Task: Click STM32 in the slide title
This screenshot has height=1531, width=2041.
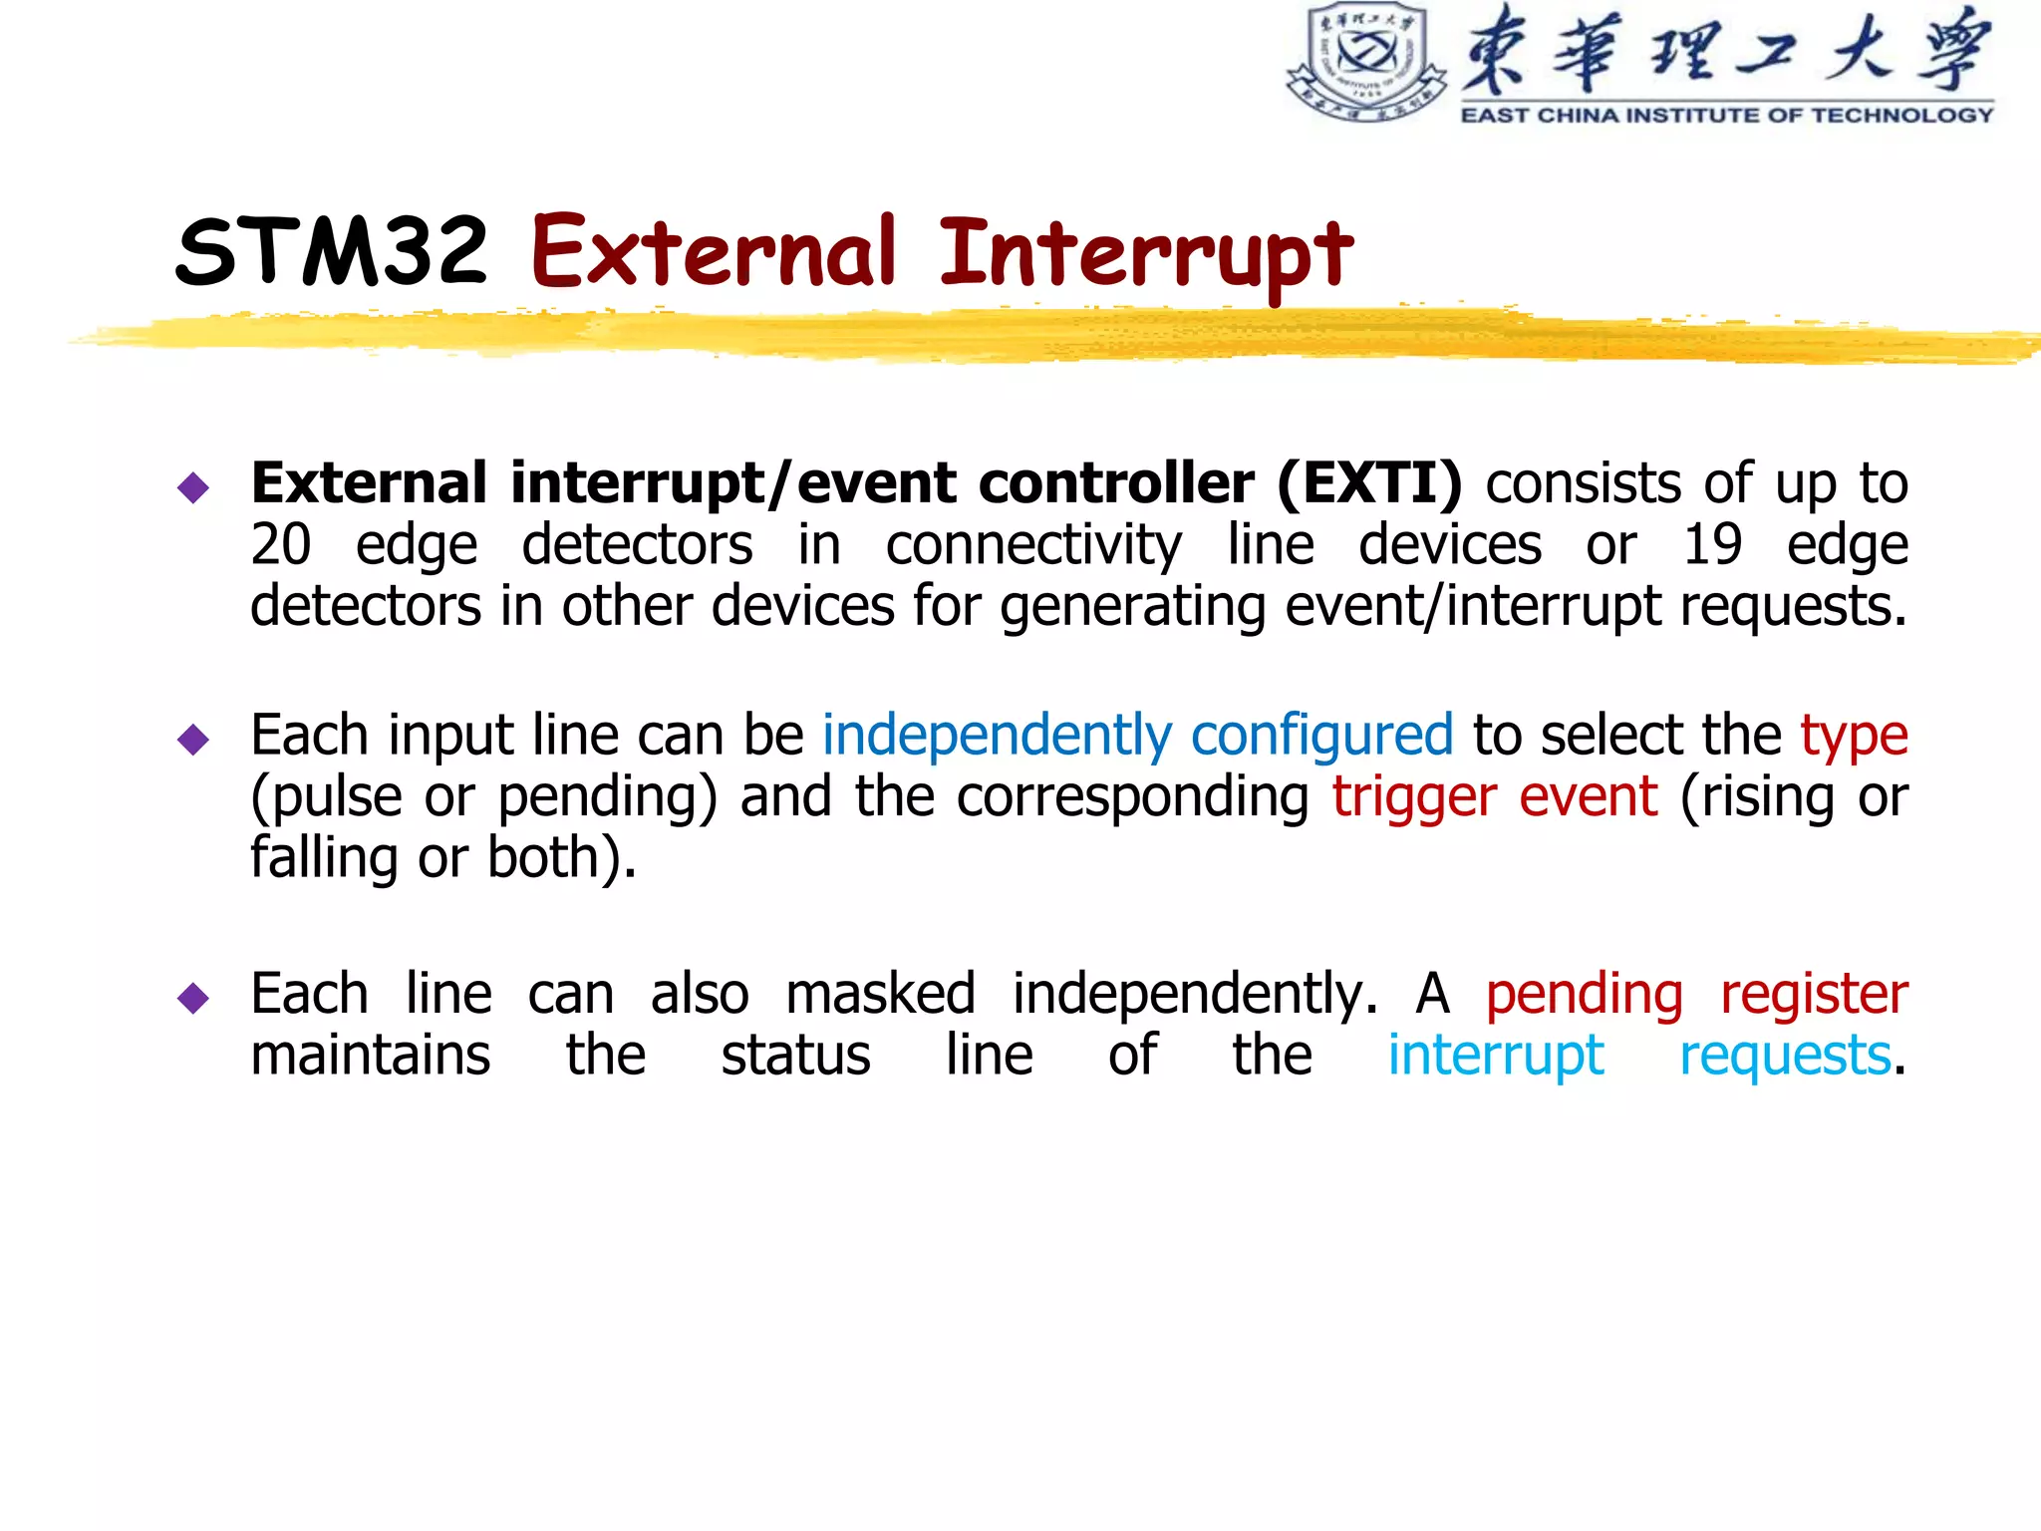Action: [x=331, y=251]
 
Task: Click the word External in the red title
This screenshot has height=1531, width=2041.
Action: [x=714, y=251]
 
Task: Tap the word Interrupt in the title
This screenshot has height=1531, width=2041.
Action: [x=1146, y=254]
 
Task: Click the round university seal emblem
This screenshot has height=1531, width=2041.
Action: [x=1366, y=62]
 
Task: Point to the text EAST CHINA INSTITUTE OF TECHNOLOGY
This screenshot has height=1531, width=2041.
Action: [x=1726, y=116]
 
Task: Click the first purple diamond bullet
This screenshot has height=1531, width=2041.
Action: [x=193, y=487]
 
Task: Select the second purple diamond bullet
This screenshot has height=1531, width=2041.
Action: [x=193, y=739]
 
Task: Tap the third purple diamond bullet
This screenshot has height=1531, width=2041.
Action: [x=193, y=997]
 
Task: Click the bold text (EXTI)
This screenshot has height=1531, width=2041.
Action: [x=1368, y=484]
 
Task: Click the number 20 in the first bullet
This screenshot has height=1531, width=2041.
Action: [x=281, y=545]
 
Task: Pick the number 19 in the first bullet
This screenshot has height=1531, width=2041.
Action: [x=1712, y=545]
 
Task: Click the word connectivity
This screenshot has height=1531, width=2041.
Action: [x=1033, y=546]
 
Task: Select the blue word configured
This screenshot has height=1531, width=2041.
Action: [x=1321, y=737]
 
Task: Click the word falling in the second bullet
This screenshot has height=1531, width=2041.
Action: [x=323, y=857]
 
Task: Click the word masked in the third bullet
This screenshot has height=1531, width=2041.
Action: [x=880, y=994]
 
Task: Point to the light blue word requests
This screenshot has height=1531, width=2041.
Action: [x=1785, y=1057]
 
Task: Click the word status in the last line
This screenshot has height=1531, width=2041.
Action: [x=795, y=1056]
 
